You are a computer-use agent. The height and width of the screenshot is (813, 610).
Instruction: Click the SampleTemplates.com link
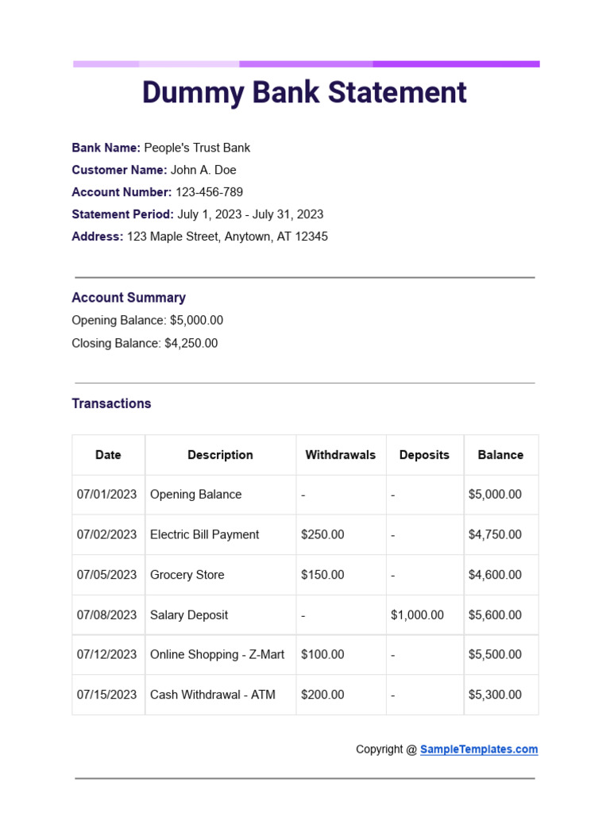pos(479,749)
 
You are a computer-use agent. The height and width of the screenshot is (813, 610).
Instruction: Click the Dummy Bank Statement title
pos(304,93)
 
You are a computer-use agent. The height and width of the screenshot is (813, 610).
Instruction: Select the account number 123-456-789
pos(209,192)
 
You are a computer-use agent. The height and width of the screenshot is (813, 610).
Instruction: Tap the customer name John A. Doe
pos(203,170)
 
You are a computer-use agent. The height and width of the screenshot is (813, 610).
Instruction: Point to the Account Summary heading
pos(129,298)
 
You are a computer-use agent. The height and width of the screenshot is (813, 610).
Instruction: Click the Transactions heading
pos(111,403)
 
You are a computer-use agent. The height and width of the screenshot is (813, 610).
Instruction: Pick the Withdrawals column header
pos(341,455)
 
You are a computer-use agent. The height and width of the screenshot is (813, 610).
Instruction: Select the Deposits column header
pos(424,455)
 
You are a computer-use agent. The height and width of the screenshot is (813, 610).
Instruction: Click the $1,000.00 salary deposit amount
pos(418,615)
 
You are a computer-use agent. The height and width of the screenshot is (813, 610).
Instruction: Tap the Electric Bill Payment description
pos(204,535)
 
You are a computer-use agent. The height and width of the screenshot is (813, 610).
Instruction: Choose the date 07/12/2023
pos(107,655)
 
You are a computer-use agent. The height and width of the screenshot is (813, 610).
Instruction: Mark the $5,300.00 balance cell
pos(495,695)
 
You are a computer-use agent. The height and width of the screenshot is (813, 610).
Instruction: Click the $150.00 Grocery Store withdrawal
pos(322,575)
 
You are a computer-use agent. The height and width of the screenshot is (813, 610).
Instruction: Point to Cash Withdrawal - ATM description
pos(213,695)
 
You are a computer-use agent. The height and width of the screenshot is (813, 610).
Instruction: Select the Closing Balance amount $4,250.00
pos(191,344)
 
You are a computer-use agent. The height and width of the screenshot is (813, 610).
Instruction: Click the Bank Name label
pos(106,148)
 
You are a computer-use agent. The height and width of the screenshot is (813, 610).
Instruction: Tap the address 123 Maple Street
pos(227,237)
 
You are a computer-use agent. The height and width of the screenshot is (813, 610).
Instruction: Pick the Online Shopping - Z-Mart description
pos(217,655)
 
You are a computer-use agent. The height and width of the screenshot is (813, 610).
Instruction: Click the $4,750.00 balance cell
pos(495,535)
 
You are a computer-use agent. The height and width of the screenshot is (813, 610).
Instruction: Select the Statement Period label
pos(122,214)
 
